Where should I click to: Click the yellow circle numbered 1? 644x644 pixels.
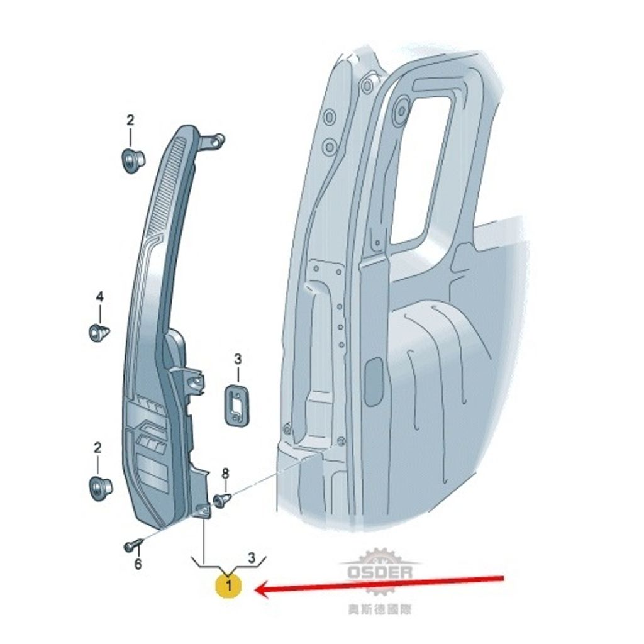pos(229,586)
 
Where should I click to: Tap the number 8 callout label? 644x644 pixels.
pos(225,474)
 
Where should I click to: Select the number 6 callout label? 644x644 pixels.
pos(138,564)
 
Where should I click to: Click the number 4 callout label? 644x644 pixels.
pos(100,297)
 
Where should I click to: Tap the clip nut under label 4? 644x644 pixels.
pos(99,332)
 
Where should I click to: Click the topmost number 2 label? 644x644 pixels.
pos(130,120)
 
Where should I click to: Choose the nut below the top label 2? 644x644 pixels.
pos(132,162)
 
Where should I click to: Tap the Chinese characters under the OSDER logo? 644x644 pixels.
pos(379,609)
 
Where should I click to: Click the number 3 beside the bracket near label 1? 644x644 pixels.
pos(252,557)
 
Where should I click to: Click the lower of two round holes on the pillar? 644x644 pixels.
pos(329,146)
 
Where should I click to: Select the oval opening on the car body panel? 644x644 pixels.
pos(374,381)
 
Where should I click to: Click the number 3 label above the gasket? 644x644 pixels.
pos(238,359)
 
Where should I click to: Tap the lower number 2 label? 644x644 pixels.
pos(97,447)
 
